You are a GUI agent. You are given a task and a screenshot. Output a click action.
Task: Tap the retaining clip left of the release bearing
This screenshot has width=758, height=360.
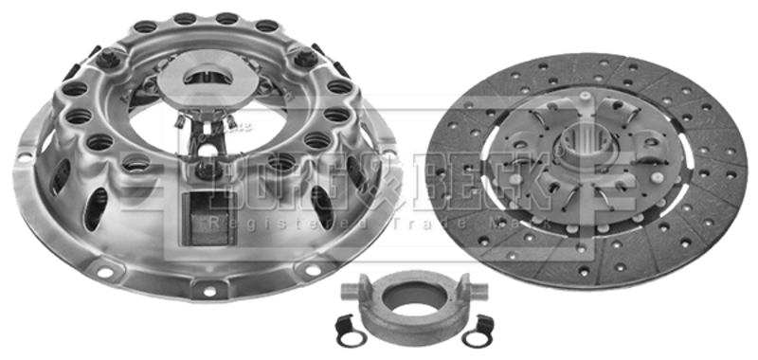tap(351, 332)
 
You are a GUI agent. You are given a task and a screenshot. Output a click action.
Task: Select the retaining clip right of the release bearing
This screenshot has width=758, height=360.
tap(478, 332)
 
